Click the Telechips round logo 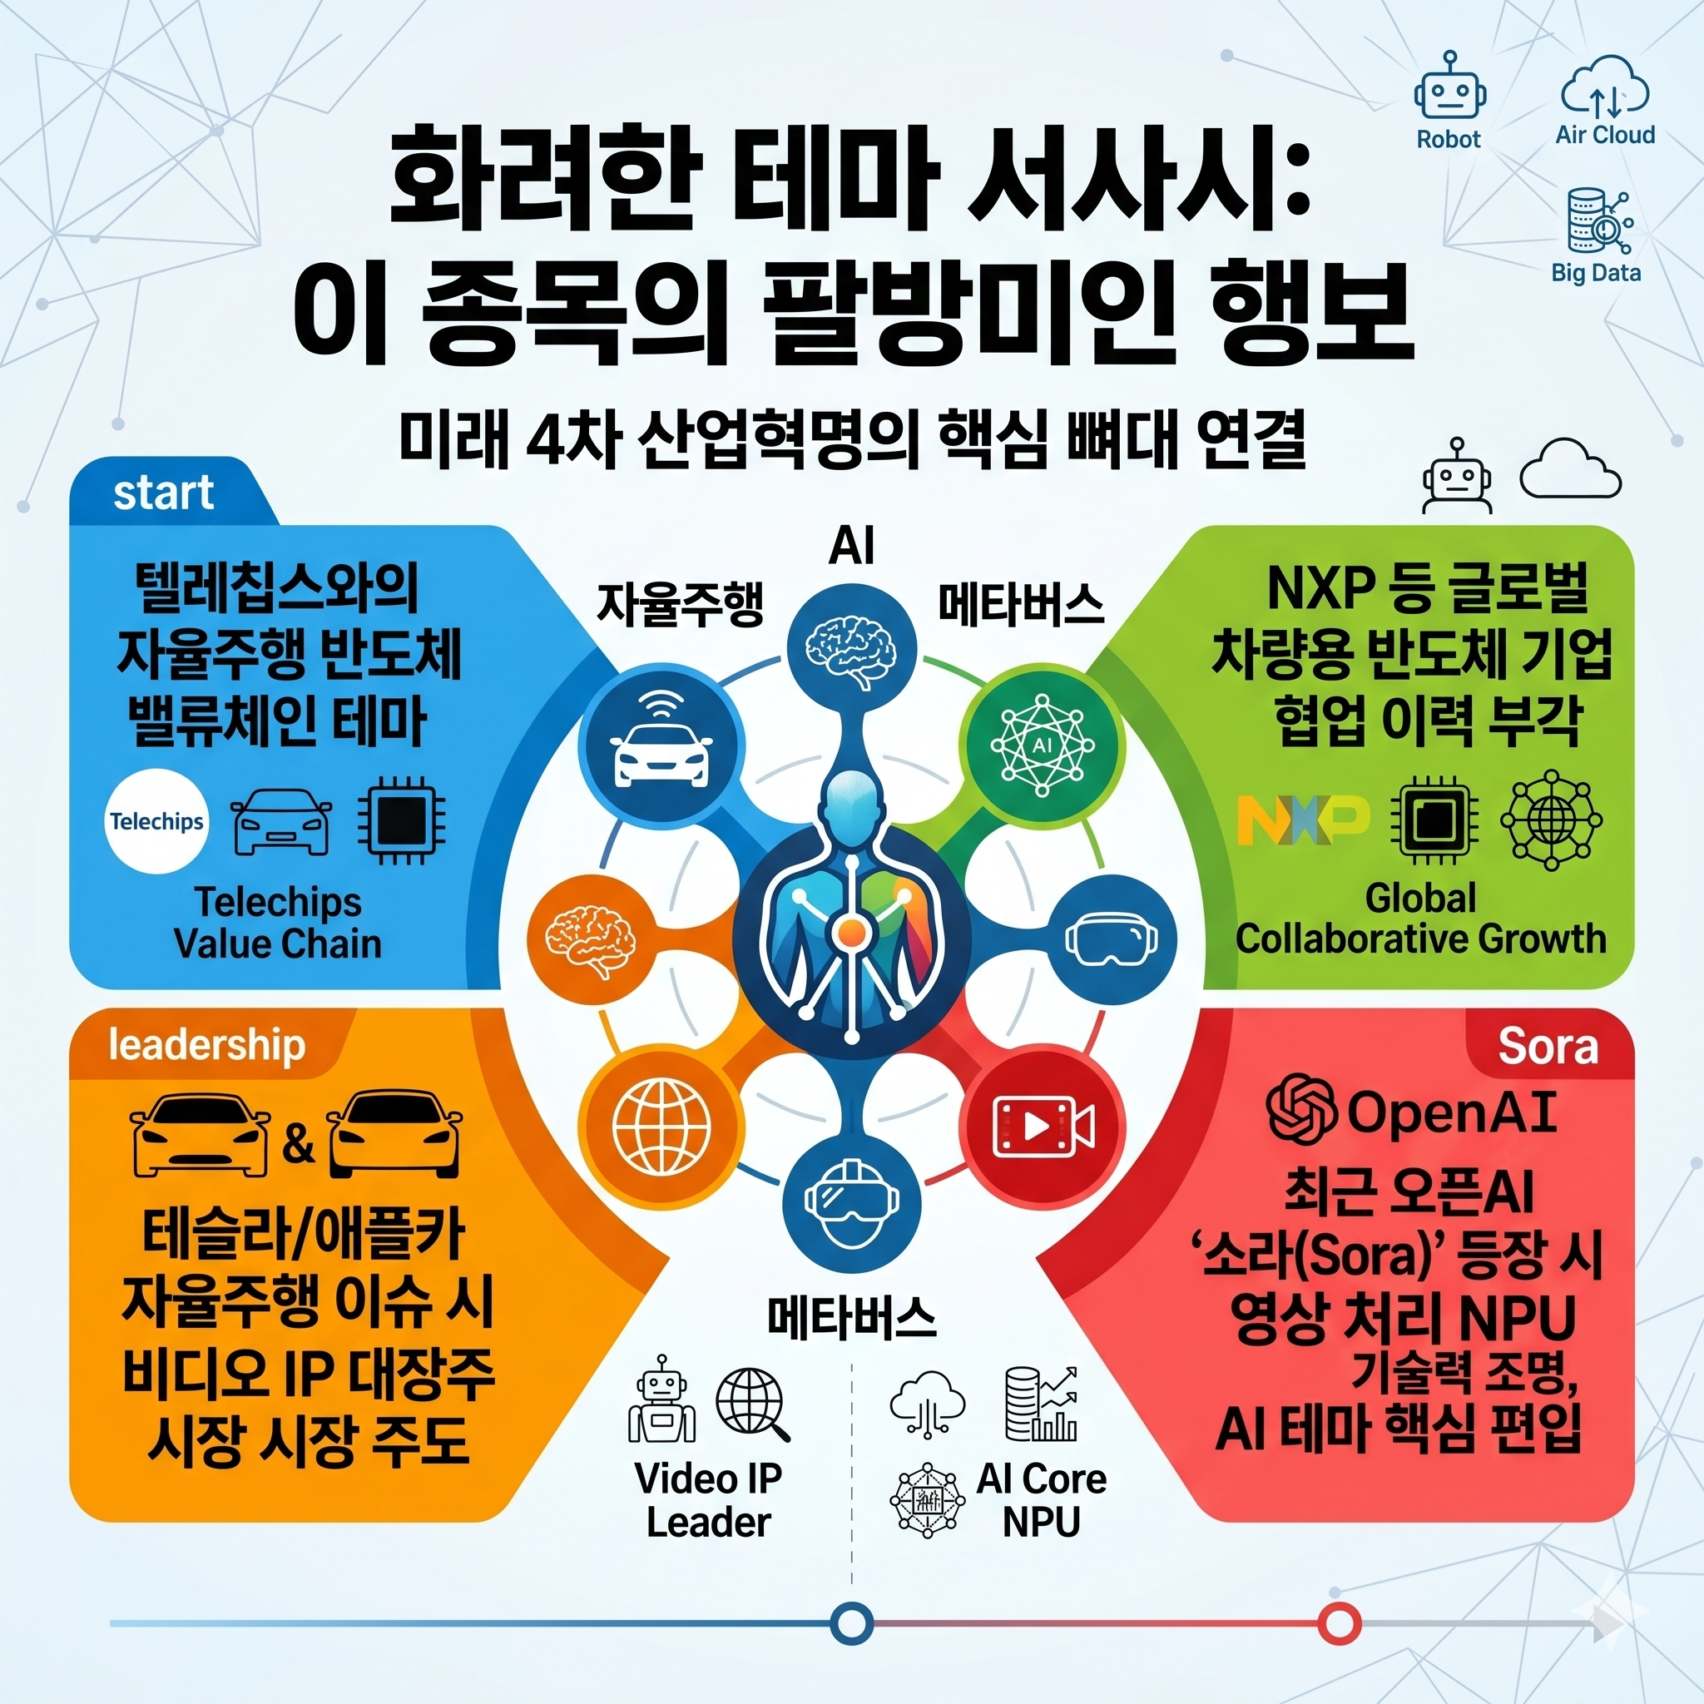click(x=156, y=821)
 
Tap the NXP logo click(x=1304, y=820)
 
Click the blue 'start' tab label click(x=163, y=493)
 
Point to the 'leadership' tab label click(x=206, y=1045)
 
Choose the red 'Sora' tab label click(x=1547, y=1047)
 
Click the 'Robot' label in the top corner click(x=1449, y=139)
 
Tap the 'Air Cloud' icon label click(x=1604, y=135)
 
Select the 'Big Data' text click(x=1596, y=273)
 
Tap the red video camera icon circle click(x=1043, y=1127)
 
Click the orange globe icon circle click(x=661, y=1127)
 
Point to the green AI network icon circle click(x=1042, y=744)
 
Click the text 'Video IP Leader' click(x=708, y=1500)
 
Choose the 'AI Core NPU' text click(x=1041, y=1500)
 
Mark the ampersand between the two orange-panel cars click(x=298, y=1144)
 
